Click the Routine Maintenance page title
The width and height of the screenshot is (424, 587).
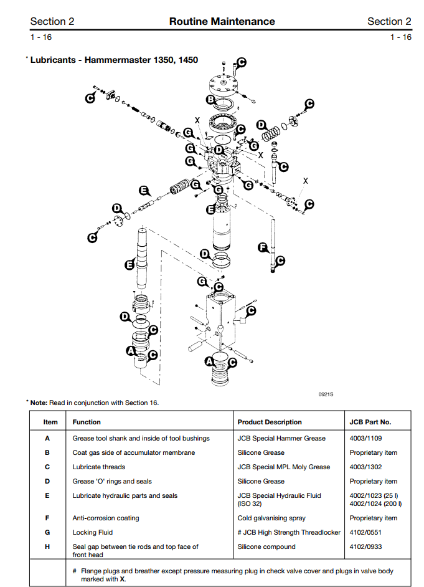(222, 22)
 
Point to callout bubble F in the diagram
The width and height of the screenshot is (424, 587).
(263, 248)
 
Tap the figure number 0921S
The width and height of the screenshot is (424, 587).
(326, 393)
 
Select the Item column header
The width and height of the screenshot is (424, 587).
(50, 422)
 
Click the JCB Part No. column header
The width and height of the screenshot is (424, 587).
(370, 422)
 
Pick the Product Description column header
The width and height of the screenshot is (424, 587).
(270, 422)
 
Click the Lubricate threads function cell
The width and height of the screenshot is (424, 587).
(99, 467)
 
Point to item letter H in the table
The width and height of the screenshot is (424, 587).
(47, 546)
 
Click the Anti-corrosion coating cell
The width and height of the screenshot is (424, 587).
(106, 518)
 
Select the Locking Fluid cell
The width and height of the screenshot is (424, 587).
(93, 532)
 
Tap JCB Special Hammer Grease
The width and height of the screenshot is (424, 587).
(281, 438)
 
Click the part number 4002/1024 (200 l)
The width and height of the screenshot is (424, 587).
(375, 503)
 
